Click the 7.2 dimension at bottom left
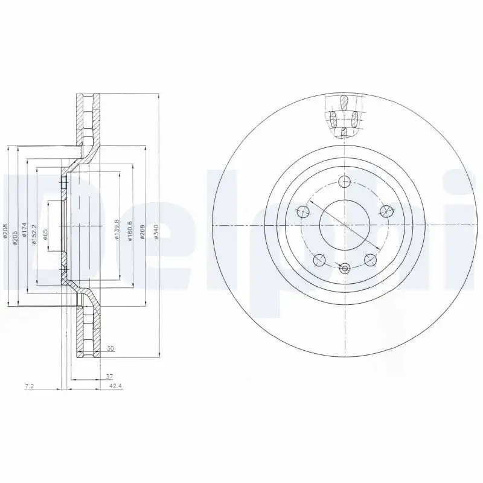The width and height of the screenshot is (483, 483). pos(28,386)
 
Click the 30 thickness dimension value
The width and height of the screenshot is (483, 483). pos(110,348)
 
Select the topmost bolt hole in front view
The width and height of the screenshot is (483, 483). pos(344,181)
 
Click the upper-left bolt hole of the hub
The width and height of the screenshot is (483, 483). pos(302,211)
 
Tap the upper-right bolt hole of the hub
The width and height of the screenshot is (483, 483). pos(385,211)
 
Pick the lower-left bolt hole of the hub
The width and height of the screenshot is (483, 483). pos(319,260)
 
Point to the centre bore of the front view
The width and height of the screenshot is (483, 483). pos(344,225)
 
